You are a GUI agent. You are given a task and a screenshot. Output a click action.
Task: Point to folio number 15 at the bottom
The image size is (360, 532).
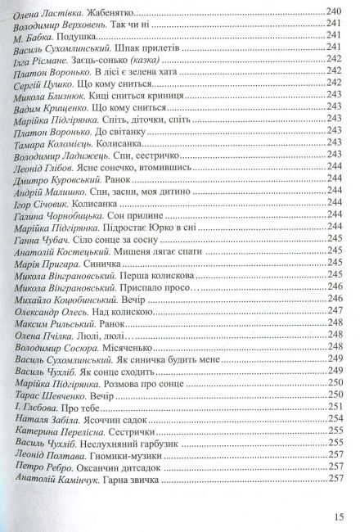(x=340, y=516)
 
